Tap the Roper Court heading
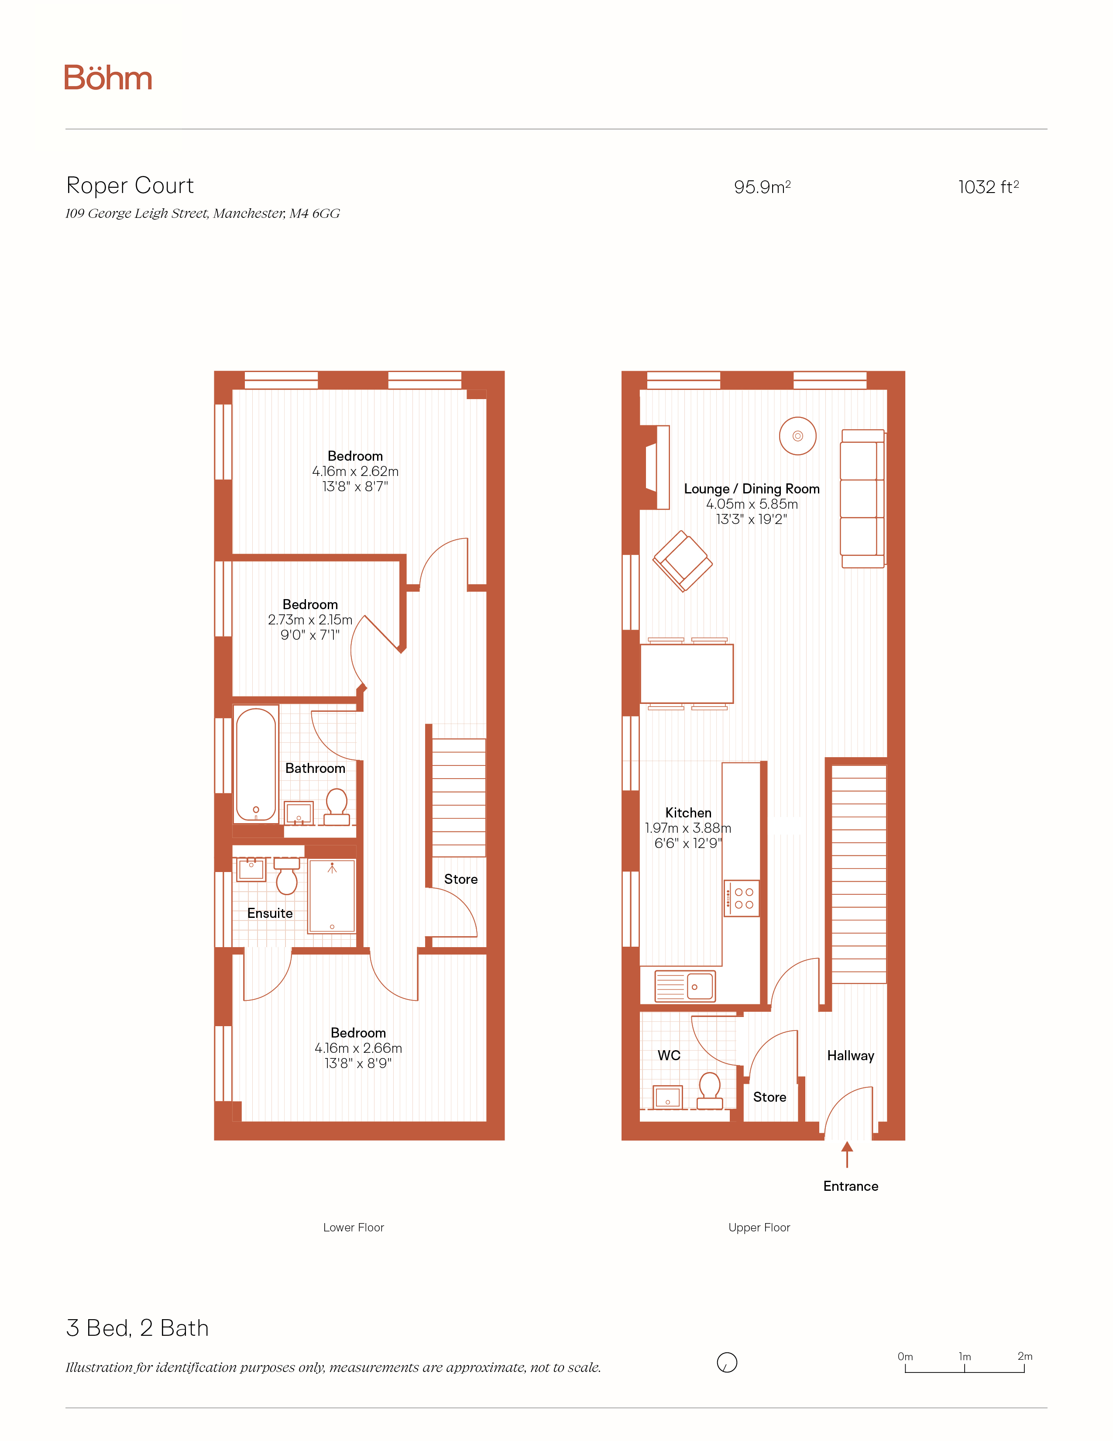pos(130,186)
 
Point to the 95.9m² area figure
pos(762,187)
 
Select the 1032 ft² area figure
pos(988,187)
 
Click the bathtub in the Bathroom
pos(256,764)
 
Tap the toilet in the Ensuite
pos(287,876)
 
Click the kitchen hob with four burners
pos(741,898)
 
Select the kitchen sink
pos(685,986)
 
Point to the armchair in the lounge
pos(683,561)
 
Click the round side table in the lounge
pos(798,435)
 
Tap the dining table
pos(687,674)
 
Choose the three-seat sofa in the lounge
pos(862,499)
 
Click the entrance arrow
pos(847,1155)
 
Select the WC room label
pos(669,1055)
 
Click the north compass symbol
pos(727,1362)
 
